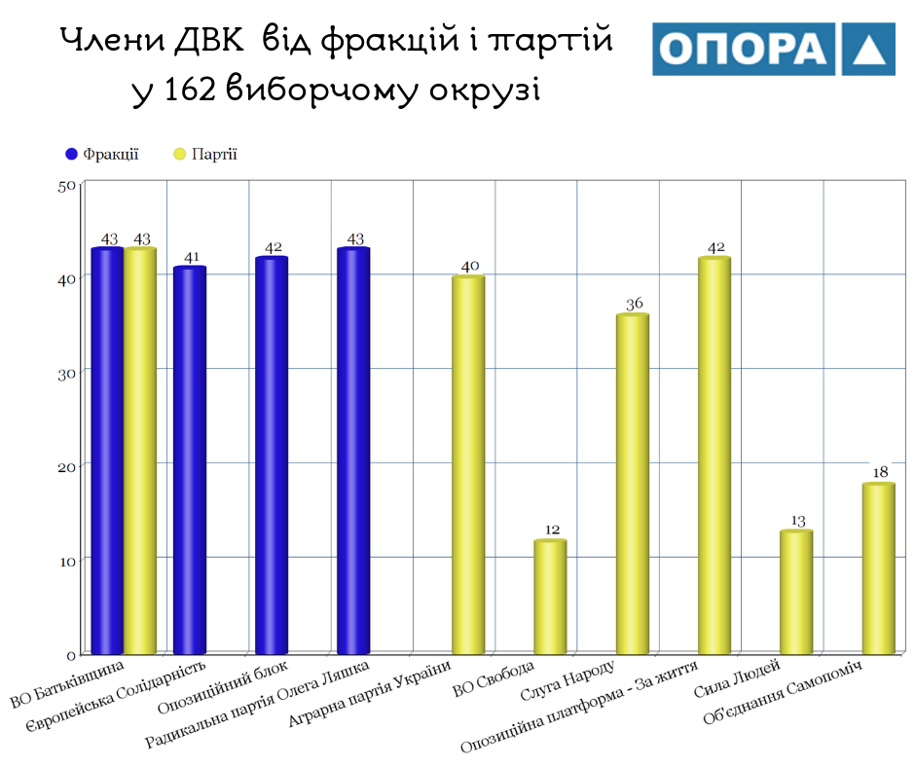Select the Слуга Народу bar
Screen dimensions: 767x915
coord(633,483)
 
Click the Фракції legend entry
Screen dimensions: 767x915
coord(102,154)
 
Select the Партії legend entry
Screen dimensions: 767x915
coord(205,154)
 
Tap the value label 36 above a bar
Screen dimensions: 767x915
coord(634,305)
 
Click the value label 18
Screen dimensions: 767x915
coord(880,473)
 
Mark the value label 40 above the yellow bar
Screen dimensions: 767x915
coord(469,266)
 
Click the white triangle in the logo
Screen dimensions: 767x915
coord(866,51)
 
